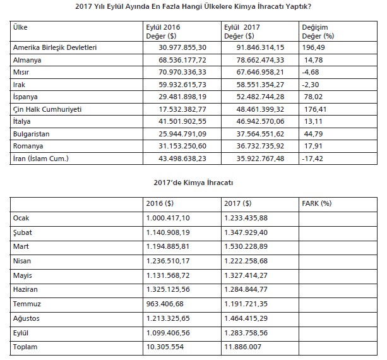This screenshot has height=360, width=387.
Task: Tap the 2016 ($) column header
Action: pos(161,204)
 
